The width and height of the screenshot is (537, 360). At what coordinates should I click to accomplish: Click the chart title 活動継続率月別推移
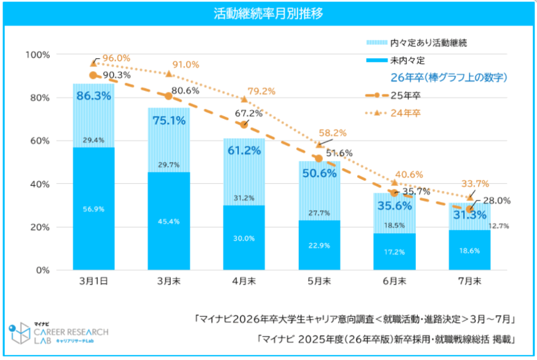click(x=268, y=14)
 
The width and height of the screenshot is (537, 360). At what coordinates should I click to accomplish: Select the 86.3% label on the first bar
click(x=94, y=96)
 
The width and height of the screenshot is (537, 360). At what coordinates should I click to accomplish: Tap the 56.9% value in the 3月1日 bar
click(x=94, y=209)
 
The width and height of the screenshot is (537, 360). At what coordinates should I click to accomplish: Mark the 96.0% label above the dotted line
click(x=117, y=58)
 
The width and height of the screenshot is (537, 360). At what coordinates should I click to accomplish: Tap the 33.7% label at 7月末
click(x=475, y=183)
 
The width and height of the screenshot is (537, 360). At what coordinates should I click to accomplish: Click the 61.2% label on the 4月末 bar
click(x=244, y=151)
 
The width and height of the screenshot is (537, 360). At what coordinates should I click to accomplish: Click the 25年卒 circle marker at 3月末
click(x=169, y=96)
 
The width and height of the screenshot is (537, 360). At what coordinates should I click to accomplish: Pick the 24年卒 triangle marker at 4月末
click(x=244, y=99)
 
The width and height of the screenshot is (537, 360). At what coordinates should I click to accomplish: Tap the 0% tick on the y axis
click(x=42, y=270)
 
